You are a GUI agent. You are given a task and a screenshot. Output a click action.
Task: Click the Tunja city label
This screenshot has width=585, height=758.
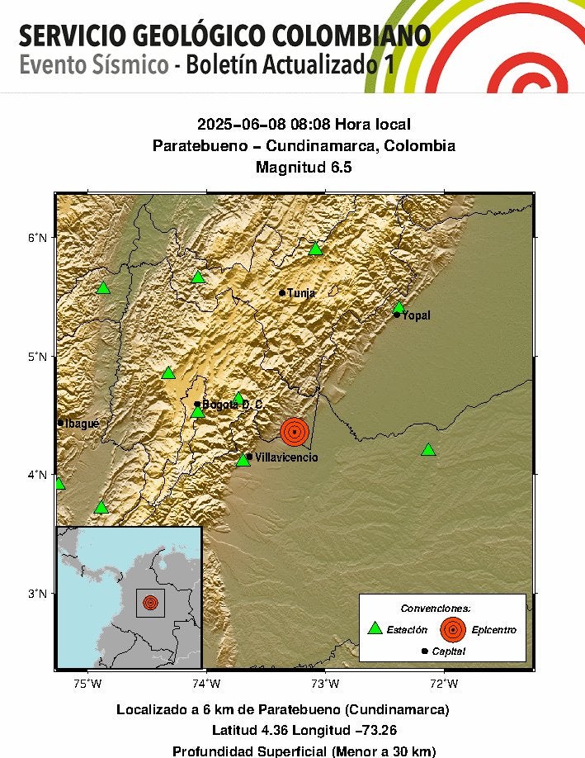click(x=301, y=293)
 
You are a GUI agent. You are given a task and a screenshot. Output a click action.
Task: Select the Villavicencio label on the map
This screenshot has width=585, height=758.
click(x=285, y=457)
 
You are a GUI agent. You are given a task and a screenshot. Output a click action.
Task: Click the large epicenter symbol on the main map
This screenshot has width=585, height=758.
click(x=295, y=431)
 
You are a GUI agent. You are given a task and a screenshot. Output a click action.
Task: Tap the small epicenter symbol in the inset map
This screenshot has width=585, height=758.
click(x=149, y=603)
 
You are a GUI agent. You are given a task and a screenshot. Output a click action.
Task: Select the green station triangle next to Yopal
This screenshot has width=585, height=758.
click(x=399, y=307)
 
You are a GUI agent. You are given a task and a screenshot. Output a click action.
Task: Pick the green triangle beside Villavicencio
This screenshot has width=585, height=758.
click(x=243, y=459)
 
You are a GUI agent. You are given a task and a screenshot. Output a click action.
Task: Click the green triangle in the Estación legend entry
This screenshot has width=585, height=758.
click(x=375, y=628)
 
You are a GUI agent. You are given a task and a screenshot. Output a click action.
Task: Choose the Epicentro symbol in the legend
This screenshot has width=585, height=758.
click(x=452, y=629)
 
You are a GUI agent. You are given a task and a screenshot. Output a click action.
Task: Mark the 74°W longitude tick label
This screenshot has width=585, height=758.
click(x=206, y=683)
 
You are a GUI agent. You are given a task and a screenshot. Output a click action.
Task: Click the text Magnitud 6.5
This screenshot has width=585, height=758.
click(x=304, y=168)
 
